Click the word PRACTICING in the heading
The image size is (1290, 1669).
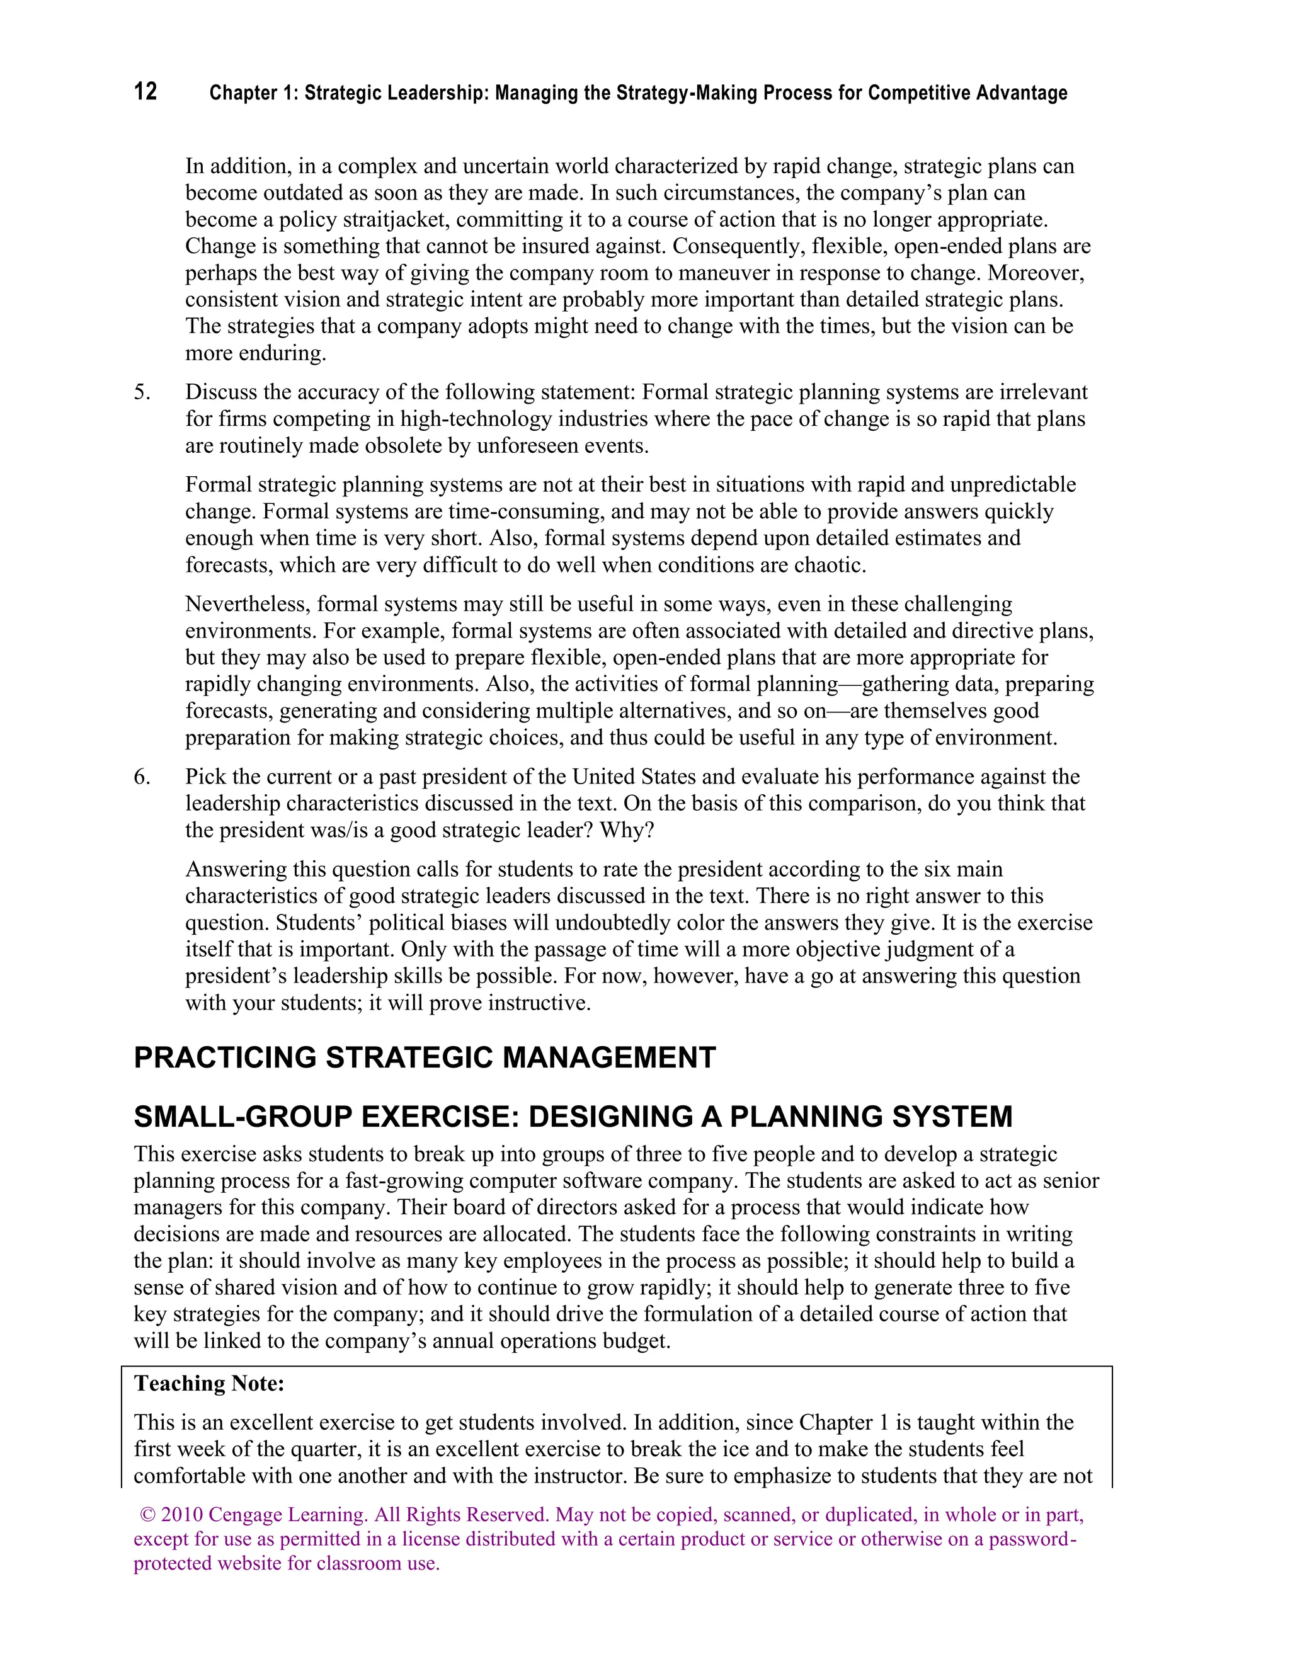point(225,1057)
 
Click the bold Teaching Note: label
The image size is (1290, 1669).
point(208,1383)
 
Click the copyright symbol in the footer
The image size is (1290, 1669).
point(147,1514)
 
